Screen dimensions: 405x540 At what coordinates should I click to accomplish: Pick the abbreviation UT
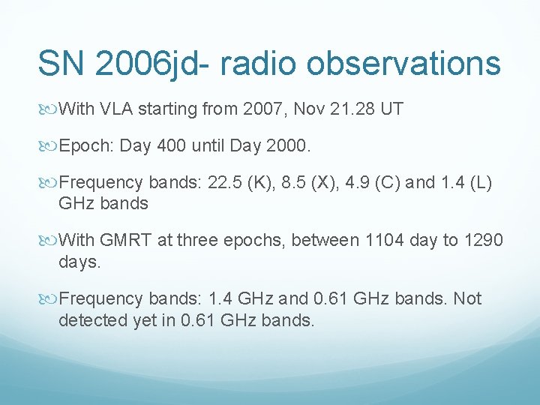(x=391, y=109)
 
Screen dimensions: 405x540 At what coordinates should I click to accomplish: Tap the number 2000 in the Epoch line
(x=286, y=146)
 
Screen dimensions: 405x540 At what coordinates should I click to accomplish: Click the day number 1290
(x=484, y=241)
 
